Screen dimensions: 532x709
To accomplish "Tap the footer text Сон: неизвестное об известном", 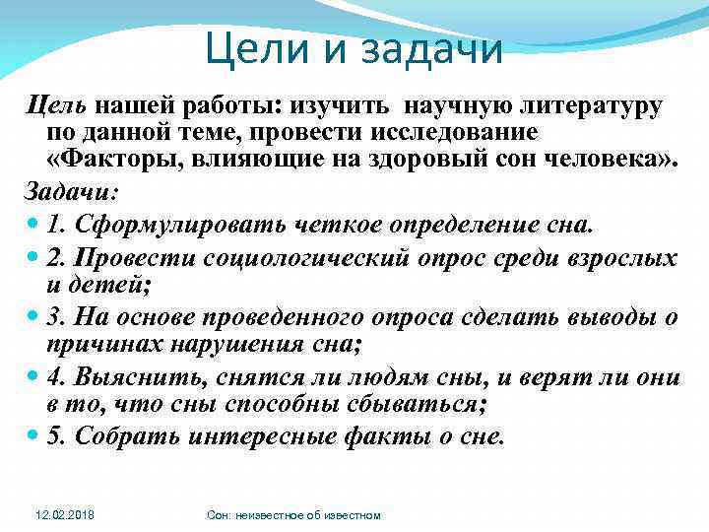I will pos(294,515).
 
